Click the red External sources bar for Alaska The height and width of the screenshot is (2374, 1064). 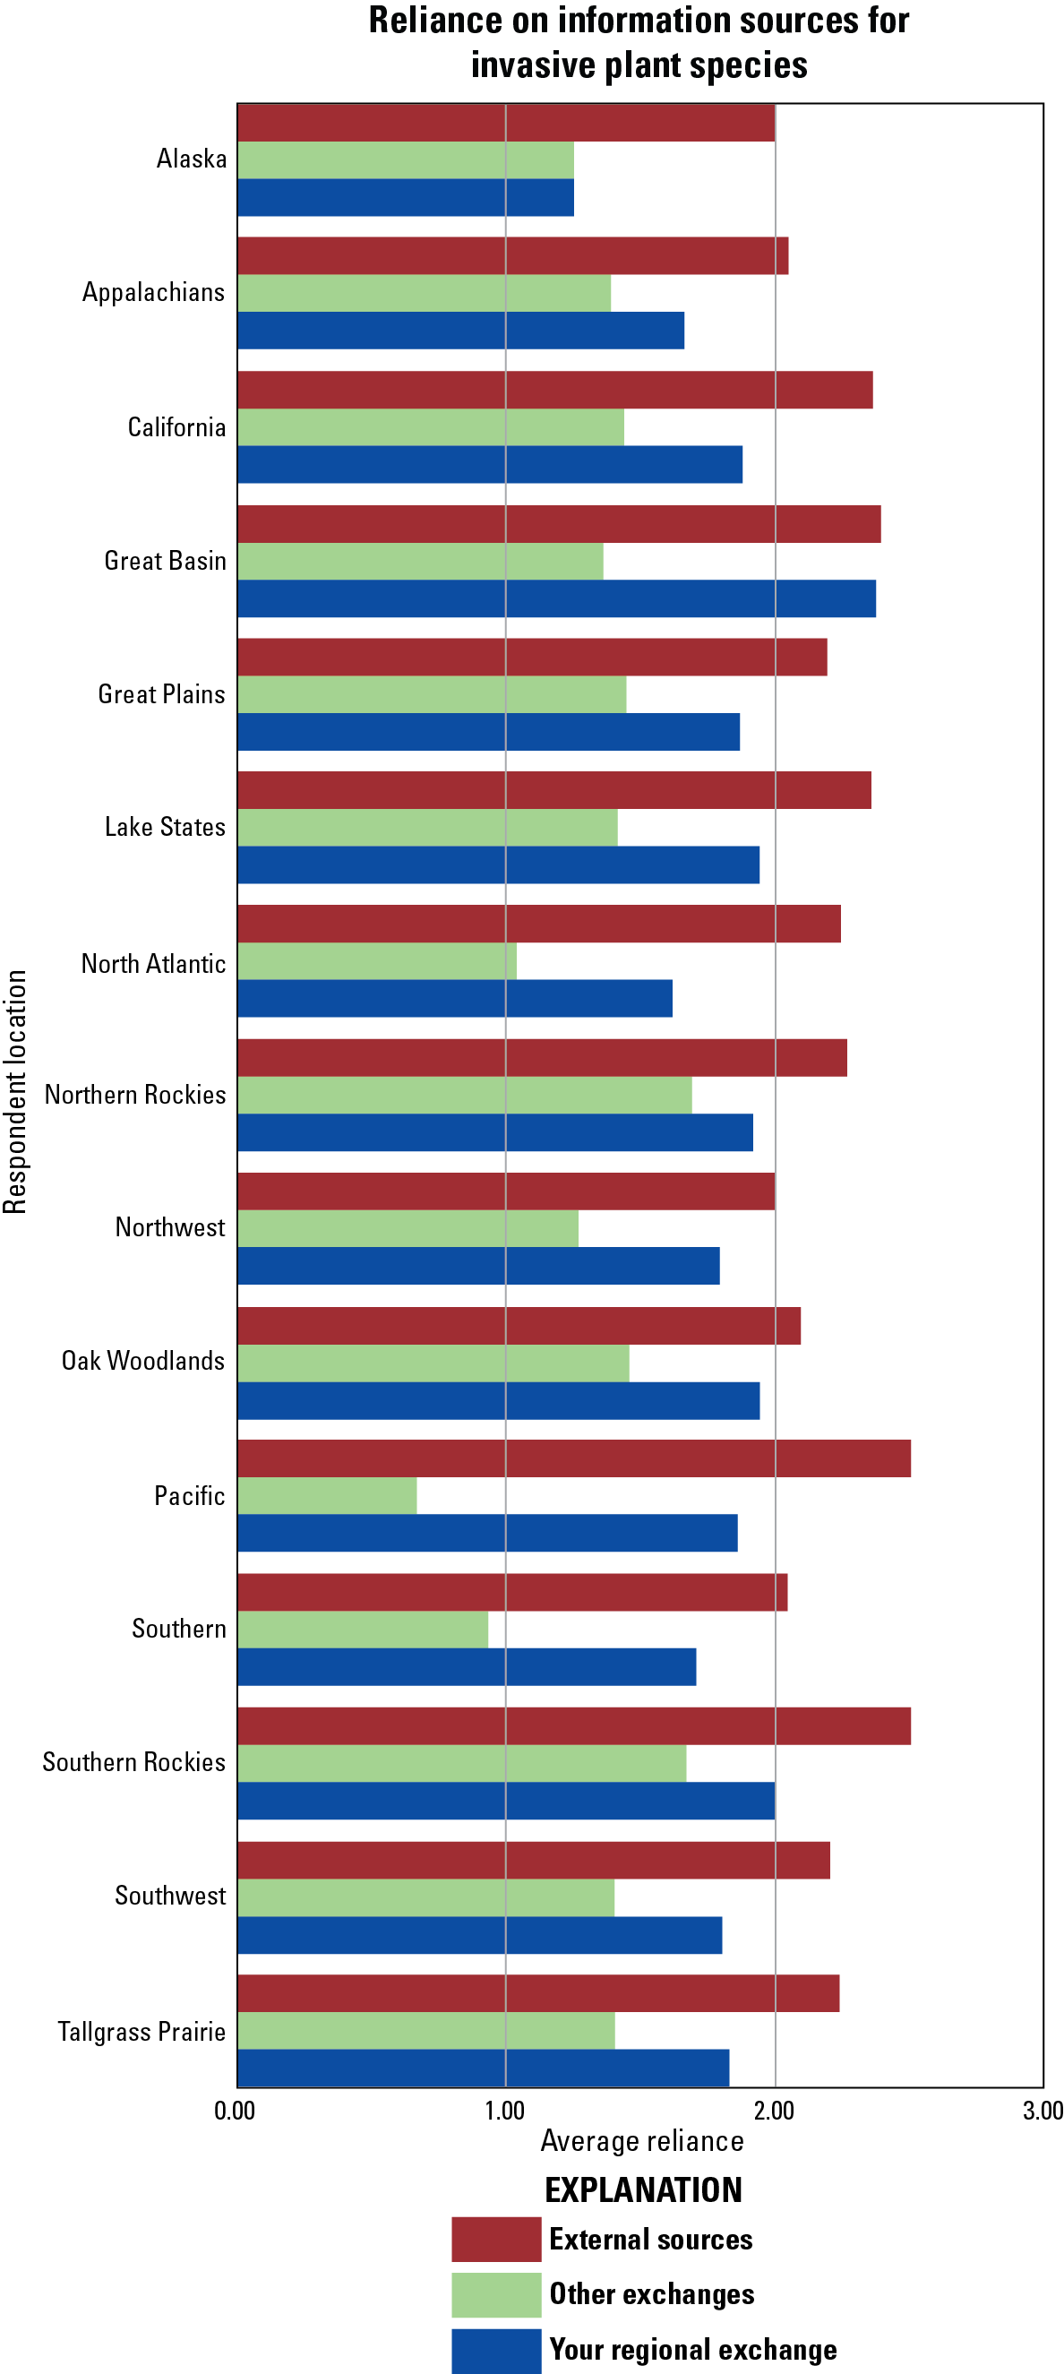pos(506,123)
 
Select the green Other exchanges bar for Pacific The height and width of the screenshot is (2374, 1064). pos(327,1495)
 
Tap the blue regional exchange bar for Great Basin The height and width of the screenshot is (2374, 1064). pos(556,598)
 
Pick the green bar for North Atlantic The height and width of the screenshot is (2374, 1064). pos(377,960)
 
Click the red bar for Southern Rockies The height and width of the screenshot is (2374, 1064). pos(574,1725)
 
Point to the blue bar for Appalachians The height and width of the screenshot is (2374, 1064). pos(460,330)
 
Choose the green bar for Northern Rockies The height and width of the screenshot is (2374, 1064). pos(464,1095)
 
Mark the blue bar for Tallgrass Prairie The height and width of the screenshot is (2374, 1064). pos(483,2067)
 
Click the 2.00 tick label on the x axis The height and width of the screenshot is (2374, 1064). pos(774,2111)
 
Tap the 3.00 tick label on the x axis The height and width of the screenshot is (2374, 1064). pos(1043,2111)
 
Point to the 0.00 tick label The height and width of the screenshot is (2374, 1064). pos(235,2111)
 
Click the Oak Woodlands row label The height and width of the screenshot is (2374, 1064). pos(142,1360)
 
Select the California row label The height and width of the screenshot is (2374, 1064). pos(176,426)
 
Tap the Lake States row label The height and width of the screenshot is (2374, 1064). pos(165,827)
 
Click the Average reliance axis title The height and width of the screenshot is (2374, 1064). pos(642,2141)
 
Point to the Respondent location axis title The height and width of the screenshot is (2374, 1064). pos(15,1092)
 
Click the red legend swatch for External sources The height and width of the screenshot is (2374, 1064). pos(495,2239)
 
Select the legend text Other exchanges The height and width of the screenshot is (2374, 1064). pos(651,2294)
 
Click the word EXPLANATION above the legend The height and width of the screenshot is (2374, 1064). pos(643,2189)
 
